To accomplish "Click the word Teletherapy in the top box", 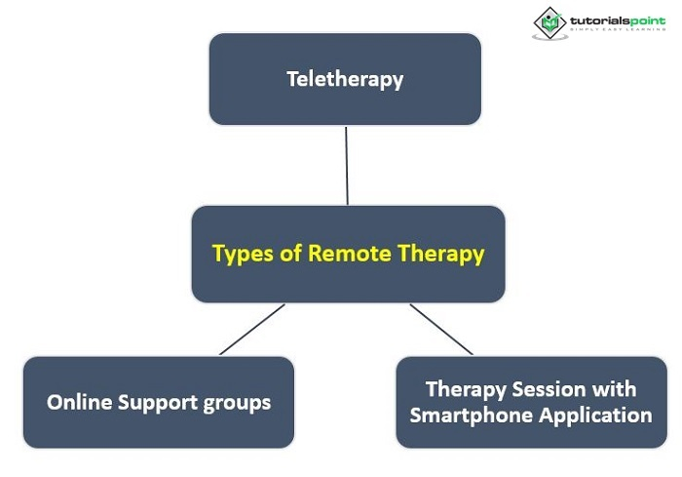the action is click(x=345, y=80).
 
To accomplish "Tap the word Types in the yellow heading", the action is click(x=243, y=254).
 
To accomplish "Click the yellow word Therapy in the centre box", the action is click(x=440, y=254).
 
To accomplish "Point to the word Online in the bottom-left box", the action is click(x=80, y=402).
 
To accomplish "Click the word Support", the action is click(x=158, y=403).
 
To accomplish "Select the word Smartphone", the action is click(x=472, y=416).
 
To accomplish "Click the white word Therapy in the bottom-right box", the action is click(x=466, y=390).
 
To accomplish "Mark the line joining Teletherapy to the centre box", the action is click(x=347, y=166).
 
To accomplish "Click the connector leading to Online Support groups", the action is click(x=252, y=330).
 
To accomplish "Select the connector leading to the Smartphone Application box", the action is click(x=441, y=330).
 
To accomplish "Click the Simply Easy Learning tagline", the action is click(x=618, y=29).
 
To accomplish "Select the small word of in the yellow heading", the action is click(x=290, y=253).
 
